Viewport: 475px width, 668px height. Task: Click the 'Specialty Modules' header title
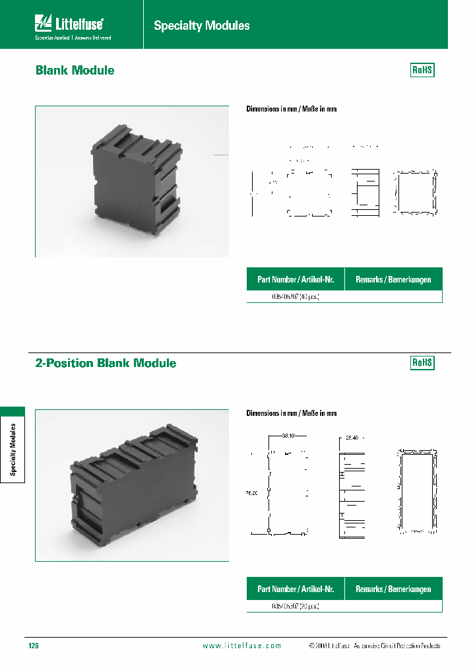click(202, 26)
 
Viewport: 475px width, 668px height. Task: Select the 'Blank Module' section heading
click(75, 71)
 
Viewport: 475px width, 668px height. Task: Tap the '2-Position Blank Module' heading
click(106, 363)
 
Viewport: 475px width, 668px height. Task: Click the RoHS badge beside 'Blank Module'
click(422, 70)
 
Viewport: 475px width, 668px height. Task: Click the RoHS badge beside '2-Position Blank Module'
click(422, 362)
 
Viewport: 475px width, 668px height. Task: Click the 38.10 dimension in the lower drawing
click(288, 436)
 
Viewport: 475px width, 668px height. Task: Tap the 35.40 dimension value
click(350, 437)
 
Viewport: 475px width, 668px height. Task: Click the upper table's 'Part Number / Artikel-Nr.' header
click(295, 280)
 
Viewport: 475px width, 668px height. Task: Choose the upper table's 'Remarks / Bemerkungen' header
click(393, 280)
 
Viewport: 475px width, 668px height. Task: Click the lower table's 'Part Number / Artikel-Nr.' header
click(295, 589)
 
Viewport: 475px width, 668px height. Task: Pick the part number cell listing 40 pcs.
click(296, 297)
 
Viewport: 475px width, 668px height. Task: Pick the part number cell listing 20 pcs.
click(296, 605)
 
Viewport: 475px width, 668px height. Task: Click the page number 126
click(34, 646)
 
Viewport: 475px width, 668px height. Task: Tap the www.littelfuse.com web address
click(241, 646)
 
